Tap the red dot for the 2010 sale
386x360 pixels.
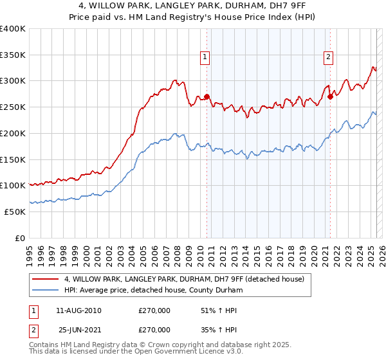[207, 97]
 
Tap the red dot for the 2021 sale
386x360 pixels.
[330, 97]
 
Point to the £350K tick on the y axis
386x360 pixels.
[13, 55]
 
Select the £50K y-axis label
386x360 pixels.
[15, 212]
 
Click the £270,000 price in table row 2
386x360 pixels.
[154, 330]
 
